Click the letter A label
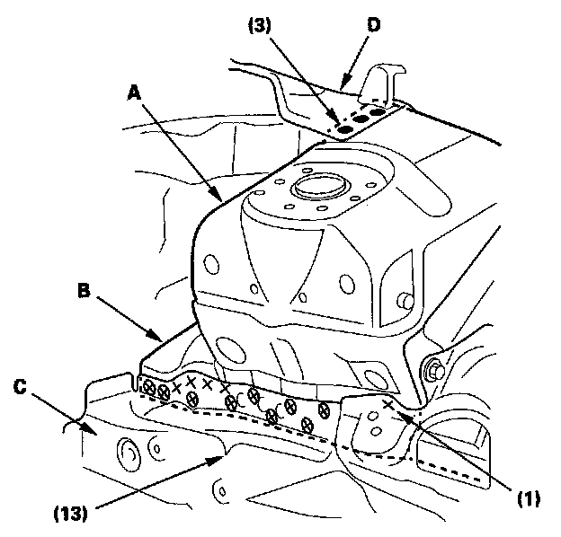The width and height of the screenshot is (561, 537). coord(135,93)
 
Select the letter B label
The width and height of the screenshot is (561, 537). coord(85,290)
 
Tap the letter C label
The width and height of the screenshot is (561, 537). coord(20,386)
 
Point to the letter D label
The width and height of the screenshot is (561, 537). coord(373,25)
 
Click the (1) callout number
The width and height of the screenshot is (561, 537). coord(529,498)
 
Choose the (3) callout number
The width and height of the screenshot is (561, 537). coord(260,25)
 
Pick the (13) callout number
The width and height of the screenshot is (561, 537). coord(70,514)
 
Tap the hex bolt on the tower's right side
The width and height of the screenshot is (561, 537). coord(433,371)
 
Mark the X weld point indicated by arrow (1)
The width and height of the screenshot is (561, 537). coord(388,404)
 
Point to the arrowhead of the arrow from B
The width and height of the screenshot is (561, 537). coord(156,336)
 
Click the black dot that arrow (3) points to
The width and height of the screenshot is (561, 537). coord(344,129)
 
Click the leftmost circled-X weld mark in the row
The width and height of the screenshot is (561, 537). coord(147,386)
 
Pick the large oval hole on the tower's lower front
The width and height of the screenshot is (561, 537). coord(231,350)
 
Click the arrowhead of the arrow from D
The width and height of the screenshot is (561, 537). coord(343,84)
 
